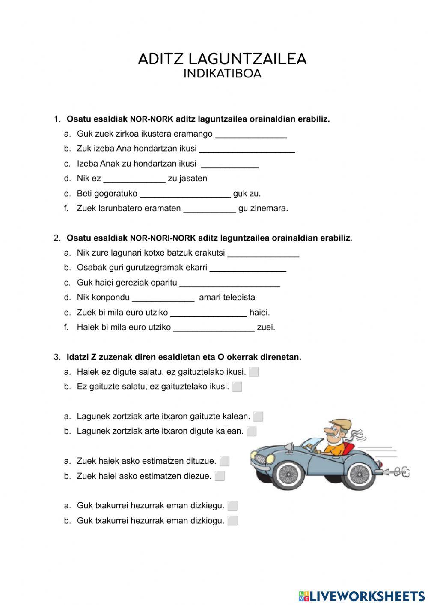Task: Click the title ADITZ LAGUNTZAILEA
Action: click(x=222, y=59)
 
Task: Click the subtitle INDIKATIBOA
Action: click(x=222, y=74)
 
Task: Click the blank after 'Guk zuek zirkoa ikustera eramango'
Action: click(x=250, y=134)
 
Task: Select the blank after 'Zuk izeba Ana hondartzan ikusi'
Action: click(x=247, y=149)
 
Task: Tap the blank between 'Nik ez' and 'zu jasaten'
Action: click(x=134, y=179)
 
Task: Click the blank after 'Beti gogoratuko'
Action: click(x=185, y=194)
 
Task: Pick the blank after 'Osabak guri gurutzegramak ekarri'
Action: click(x=248, y=268)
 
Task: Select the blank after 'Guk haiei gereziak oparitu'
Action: click(x=230, y=283)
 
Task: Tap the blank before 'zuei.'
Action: click(x=214, y=328)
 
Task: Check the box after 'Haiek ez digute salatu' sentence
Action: click(x=254, y=372)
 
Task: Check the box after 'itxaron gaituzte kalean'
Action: click(x=258, y=417)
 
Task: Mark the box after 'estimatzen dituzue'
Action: click(x=224, y=462)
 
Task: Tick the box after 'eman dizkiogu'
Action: click(x=232, y=521)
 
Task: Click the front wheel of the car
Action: click(x=289, y=473)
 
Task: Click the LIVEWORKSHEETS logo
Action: click(x=362, y=596)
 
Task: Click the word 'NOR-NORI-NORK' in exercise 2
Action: click(x=163, y=238)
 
